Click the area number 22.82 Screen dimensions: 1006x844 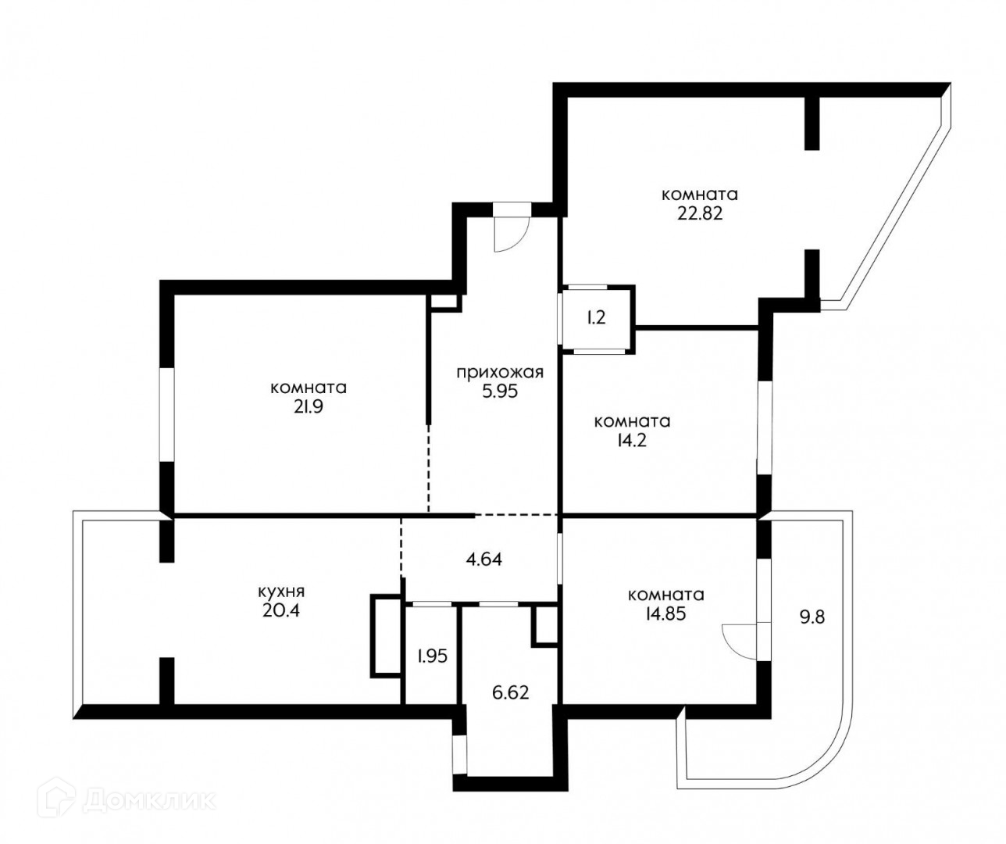pyautogui.click(x=700, y=214)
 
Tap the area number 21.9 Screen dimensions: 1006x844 pyautogui.click(x=309, y=407)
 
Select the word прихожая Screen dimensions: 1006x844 pyautogui.click(x=500, y=373)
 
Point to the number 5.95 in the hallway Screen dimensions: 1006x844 pyautogui.click(x=500, y=392)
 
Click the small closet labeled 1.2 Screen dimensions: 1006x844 pyautogui.click(x=596, y=317)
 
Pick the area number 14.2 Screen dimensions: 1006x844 pyautogui.click(x=632, y=441)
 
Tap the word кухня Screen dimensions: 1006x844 pyautogui.click(x=281, y=592)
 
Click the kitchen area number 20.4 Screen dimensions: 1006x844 pyautogui.click(x=281, y=610)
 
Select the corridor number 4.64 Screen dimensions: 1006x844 pyautogui.click(x=483, y=559)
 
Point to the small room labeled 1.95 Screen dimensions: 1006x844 pyautogui.click(x=432, y=656)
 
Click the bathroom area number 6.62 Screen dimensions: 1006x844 pyautogui.click(x=510, y=692)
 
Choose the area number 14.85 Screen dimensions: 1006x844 pyautogui.click(x=665, y=614)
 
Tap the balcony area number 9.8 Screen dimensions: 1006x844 pyautogui.click(x=812, y=617)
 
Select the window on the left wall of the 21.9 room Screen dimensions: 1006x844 pyautogui.click(x=166, y=415)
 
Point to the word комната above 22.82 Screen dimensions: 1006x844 pyautogui.click(x=700, y=195)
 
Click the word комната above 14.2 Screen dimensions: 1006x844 pyautogui.click(x=632, y=422)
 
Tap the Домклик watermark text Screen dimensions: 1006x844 pyautogui.click(x=149, y=800)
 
